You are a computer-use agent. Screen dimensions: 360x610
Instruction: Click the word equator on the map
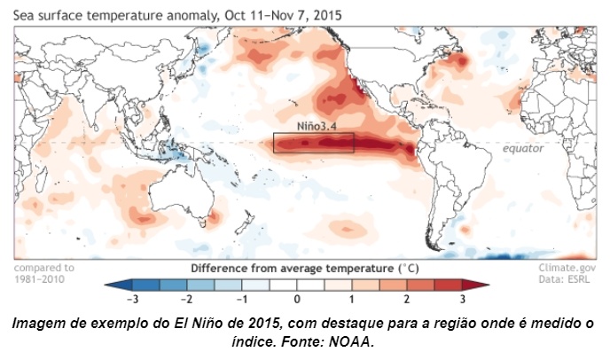click(x=523, y=148)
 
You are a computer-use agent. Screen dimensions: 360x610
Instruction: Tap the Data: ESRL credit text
click(x=567, y=278)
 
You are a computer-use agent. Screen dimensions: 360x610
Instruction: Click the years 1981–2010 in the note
click(x=43, y=278)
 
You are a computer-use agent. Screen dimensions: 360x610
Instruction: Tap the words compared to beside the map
click(x=44, y=267)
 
